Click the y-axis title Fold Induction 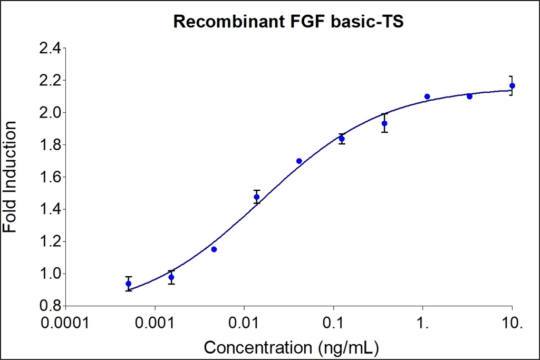tap(10, 177)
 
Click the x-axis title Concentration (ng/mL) tap(291, 348)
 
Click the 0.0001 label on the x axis tap(65, 322)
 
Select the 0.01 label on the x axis tap(244, 322)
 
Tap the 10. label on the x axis tap(512, 322)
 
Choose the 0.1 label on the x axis tap(333, 322)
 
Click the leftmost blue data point tap(128, 284)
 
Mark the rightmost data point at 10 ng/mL tap(512, 85)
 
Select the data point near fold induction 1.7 tap(299, 161)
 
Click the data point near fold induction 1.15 tap(214, 249)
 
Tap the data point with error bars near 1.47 tap(256, 197)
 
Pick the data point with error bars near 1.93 tap(384, 123)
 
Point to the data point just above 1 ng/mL tap(427, 96)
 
